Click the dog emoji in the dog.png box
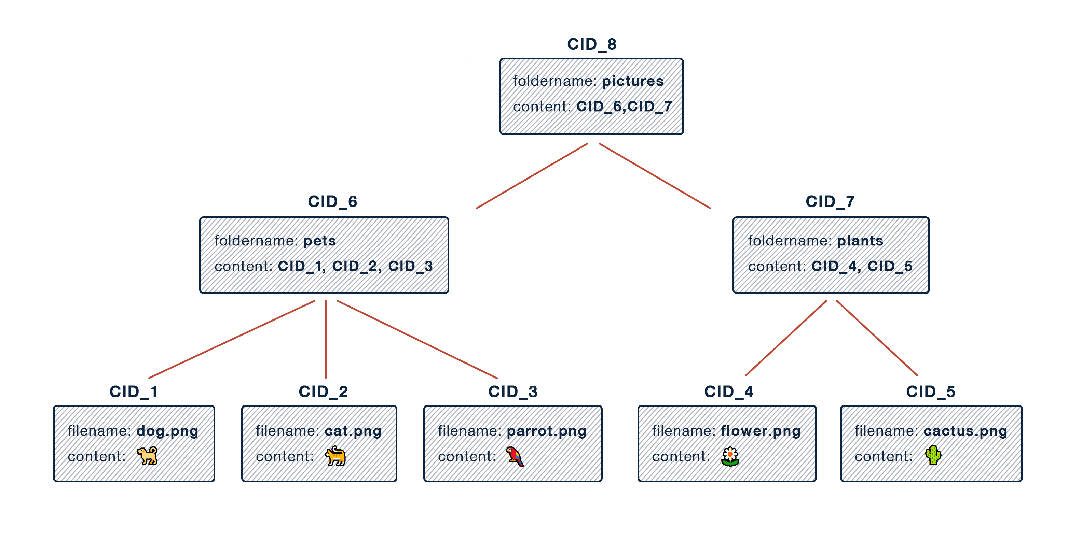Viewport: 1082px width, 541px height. tap(147, 456)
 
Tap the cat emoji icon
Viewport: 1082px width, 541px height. tap(335, 456)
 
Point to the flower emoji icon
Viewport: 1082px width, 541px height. tap(730, 457)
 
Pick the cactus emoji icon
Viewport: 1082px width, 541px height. tap(933, 455)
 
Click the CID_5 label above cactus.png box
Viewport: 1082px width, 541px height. tap(932, 392)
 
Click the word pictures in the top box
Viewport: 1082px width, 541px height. tap(633, 81)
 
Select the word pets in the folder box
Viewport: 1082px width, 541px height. tap(320, 241)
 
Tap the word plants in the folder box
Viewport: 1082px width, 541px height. tap(860, 241)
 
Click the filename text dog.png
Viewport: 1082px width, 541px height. tap(167, 431)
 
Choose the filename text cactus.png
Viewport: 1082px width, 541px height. tap(965, 431)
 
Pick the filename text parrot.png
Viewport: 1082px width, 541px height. tap(546, 431)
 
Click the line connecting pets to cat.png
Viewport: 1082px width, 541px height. tap(326, 339)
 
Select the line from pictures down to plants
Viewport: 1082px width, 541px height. tap(654, 176)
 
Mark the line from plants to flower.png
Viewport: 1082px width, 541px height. tap(786, 338)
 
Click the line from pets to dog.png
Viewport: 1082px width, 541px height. tap(232, 339)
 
